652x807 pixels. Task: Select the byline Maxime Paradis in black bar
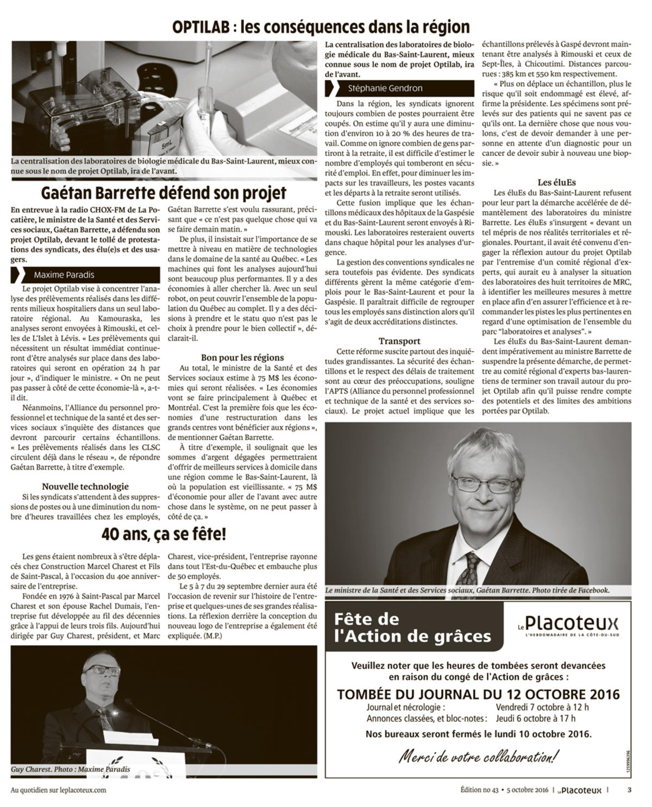[64, 275]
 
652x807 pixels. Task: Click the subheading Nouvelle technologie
[85, 487]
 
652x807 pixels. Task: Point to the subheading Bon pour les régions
[242, 357]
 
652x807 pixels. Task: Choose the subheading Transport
[399, 341]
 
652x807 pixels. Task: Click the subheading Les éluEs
[557, 182]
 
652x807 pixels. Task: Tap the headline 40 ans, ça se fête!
[164, 534]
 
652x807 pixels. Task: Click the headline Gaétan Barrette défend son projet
[164, 193]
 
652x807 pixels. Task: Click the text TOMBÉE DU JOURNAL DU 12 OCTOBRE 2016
[478, 695]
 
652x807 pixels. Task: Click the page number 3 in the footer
[629, 790]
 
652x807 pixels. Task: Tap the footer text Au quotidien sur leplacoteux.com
[58, 790]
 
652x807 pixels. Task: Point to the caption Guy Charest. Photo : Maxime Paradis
[71, 769]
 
